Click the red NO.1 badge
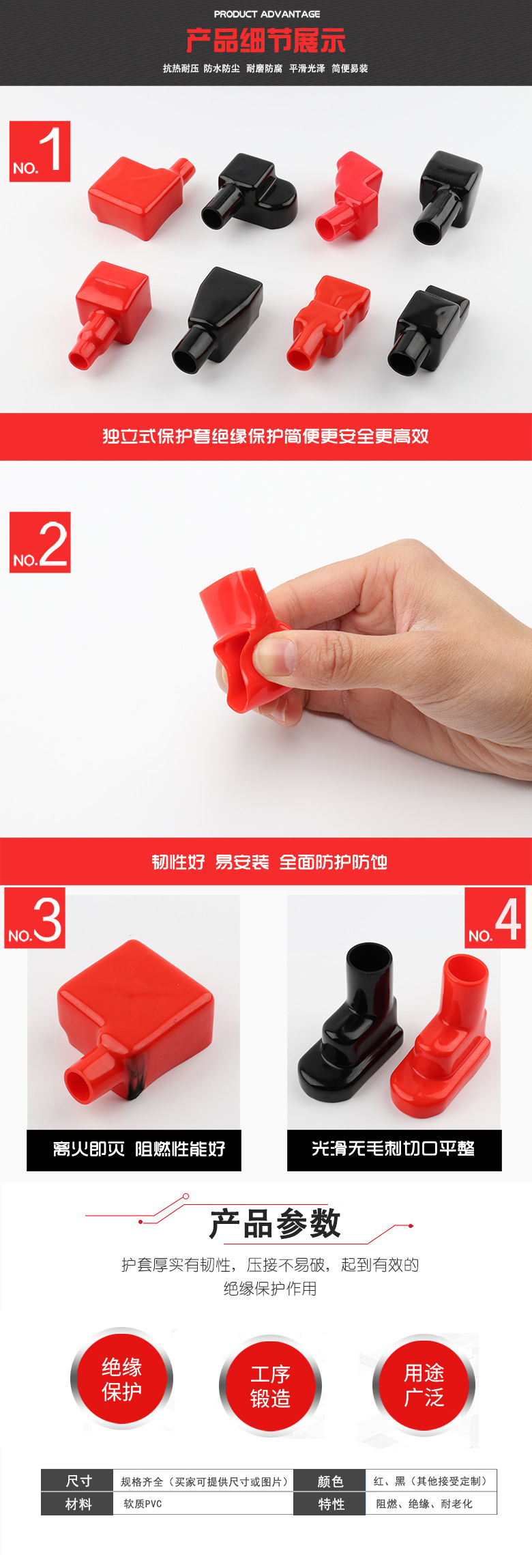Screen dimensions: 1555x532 40,151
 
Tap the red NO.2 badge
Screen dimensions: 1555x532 40,542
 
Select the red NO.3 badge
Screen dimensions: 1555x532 35,918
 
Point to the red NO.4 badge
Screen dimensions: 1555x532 495,918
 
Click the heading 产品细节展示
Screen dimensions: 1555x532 266,41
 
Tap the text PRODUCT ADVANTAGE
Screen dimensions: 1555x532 267,14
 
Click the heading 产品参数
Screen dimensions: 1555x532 275,1223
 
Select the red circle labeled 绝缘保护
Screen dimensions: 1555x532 121,1379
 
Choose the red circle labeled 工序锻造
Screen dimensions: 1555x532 270,1386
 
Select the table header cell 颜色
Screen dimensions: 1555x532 330,1481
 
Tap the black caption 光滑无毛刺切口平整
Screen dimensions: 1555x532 394,1149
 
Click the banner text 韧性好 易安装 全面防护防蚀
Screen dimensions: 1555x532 269,862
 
